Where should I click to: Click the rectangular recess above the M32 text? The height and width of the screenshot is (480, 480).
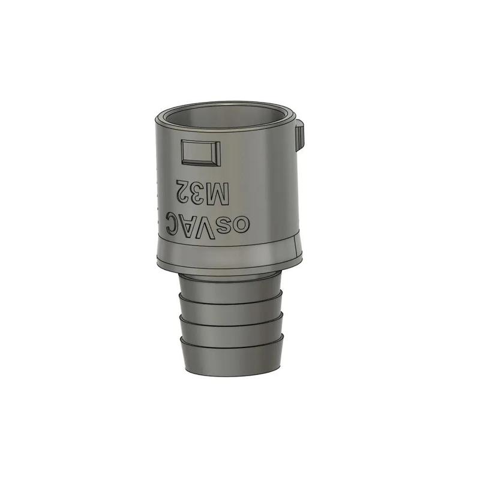pos(200,152)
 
